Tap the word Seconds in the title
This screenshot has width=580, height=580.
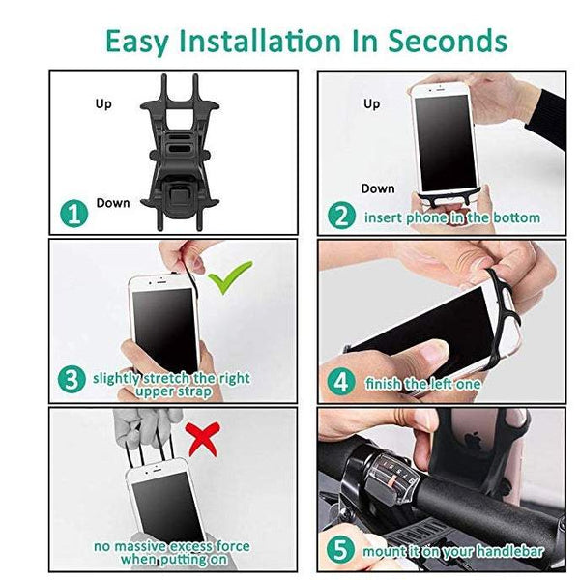tap(447, 42)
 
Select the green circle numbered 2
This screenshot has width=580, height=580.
tap(340, 216)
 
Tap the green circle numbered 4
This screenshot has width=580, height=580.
tap(340, 381)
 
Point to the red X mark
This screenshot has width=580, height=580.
tap(201, 440)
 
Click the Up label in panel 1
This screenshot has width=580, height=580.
tap(103, 101)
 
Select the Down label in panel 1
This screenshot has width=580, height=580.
tap(112, 203)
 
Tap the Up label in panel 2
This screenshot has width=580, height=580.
tap(371, 103)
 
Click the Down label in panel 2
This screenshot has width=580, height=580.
tap(378, 188)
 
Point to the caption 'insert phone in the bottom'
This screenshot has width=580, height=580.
tap(451, 217)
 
